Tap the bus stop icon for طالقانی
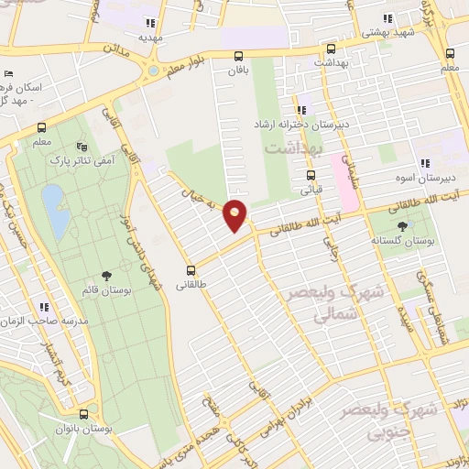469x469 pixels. coord(191,270)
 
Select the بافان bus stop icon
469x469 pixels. coord(239,55)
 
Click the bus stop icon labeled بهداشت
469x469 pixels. coord(330,49)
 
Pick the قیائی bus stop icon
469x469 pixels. coord(311,176)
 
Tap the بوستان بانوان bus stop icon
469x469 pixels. coord(83,414)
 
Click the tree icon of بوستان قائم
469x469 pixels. coord(108,275)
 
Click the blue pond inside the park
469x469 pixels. coord(53,209)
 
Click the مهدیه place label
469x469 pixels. coord(151,38)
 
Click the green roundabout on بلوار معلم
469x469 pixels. coord(152,69)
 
